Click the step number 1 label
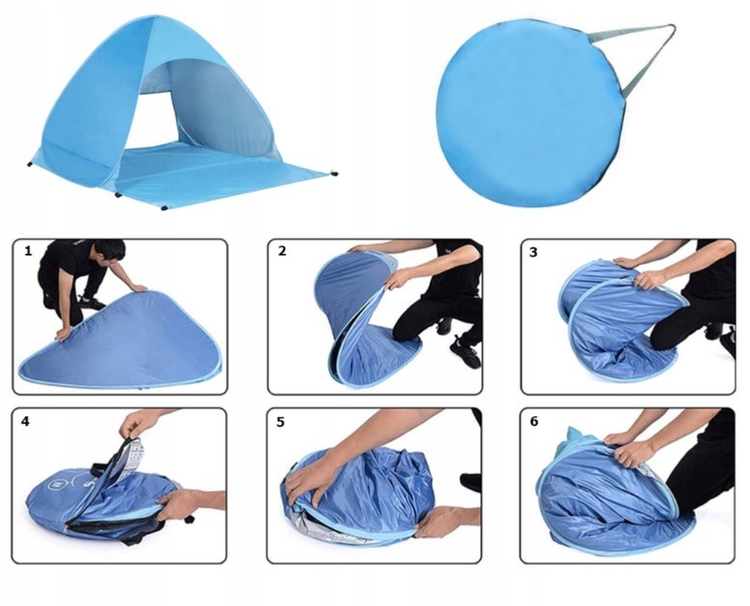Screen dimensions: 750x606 click(x=28, y=250)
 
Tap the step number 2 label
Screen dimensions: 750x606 click(x=282, y=250)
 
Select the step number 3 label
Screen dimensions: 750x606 click(x=533, y=251)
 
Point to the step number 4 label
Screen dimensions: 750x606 click(x=25, y=421)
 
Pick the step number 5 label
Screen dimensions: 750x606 click(x=281, y=422)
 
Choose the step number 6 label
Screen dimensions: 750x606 click(x=534, y=421)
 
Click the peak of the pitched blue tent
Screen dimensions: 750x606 click(x=154, y=17)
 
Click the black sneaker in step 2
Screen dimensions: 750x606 click(x=465, y=353)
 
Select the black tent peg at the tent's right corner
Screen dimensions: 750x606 click(x=334, y=172)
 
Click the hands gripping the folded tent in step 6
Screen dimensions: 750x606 click(x=627, y=448)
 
